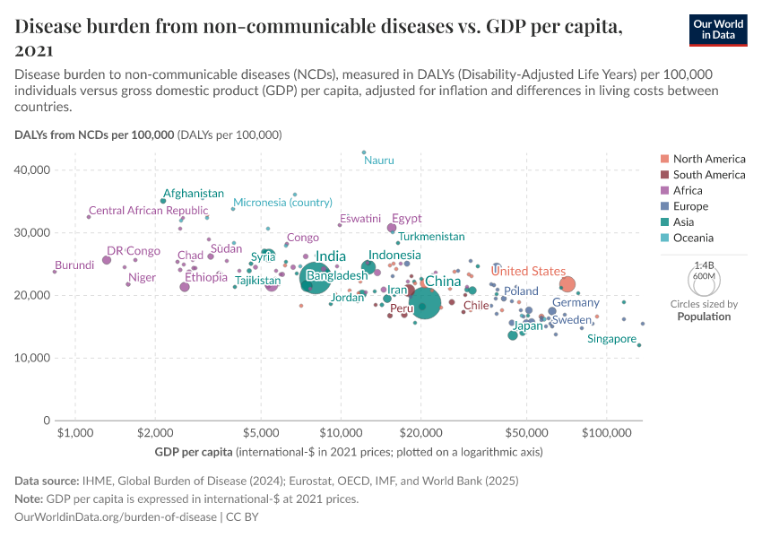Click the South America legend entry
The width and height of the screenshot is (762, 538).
pyautogui.click(x=708, y=175)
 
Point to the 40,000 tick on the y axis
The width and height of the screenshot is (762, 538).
pyautogui.click(x=37, y=170)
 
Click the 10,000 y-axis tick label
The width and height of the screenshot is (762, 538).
pyautogui.click(x=37, y=359)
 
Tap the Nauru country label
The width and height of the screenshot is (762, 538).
pyautogui.click(x=378, y=161)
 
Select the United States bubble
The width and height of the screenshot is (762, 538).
pyautogui.click(x=567, y=284)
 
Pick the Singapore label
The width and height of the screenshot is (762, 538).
pyautogui.click(x=611, y=340)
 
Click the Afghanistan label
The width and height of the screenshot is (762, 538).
pyautogui.click(x=194, y=194)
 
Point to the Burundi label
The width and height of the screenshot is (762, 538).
pyautogui.click(x=74, y=265)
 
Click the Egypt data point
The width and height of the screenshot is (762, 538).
pyautogui.click(x=392, y=228)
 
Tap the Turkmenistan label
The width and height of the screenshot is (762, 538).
pyautogui.click(x=431, y=237)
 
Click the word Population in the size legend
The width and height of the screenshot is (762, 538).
pyautogui.click(x=704, y=317)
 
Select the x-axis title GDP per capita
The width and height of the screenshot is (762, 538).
pyautogui.click(x=193, y=451)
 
